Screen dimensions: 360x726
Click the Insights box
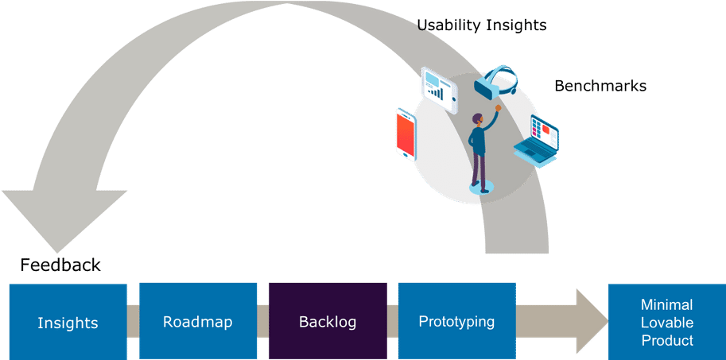click(68, 323)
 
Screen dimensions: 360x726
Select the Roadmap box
click(197, 322)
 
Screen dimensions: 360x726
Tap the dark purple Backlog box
click(328, 322)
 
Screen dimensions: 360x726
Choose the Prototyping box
click(456, 322)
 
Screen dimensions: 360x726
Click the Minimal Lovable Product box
click(666, 323)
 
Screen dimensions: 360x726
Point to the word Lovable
click(666, 323)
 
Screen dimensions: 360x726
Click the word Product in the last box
click(666, 340)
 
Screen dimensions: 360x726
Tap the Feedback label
click(60, 265)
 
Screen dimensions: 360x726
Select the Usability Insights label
click(482, 25)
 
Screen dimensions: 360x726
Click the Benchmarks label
click(600, 87)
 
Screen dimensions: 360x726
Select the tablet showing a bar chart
click(438, 87)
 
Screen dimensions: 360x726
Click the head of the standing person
click(477, 120)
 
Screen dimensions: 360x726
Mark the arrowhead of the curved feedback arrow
click(64, 219)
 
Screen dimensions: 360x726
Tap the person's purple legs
click(479, 168)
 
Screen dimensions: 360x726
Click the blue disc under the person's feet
click(481, 188)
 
